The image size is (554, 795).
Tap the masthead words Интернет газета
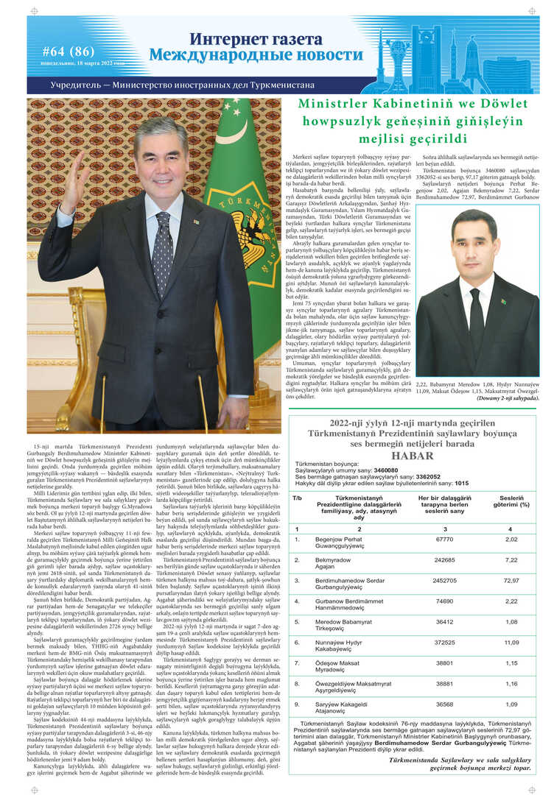pos(256,39)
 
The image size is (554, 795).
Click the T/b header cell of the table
pos(298,498)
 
